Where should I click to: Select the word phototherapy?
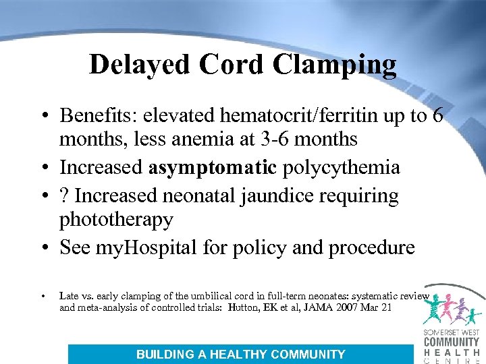(x=116, y=220)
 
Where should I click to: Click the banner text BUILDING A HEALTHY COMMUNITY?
(x=240, y=355)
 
